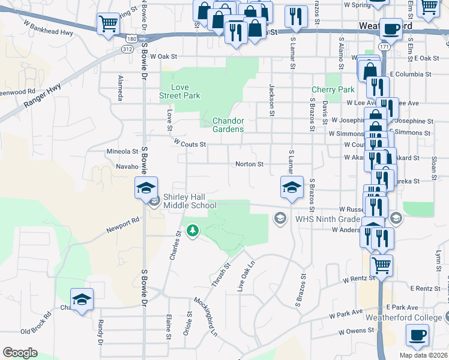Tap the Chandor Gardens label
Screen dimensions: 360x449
coord(229,125)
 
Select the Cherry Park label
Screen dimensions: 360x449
coord(333,90)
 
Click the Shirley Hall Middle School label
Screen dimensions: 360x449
coord(190,201)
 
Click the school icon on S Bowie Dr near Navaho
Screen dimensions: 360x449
coord(146,188)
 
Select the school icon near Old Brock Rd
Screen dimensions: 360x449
coord(82,300)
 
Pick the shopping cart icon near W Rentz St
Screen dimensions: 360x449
coord(381,264)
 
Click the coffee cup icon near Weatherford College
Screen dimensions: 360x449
coord(417,335)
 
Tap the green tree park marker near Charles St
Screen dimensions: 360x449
coord(193,230)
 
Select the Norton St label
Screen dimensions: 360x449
coord(249,164)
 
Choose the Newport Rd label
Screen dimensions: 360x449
coord(122,224)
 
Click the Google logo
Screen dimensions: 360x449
coord(20,353)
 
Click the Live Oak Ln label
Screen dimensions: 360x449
coord(247,275)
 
